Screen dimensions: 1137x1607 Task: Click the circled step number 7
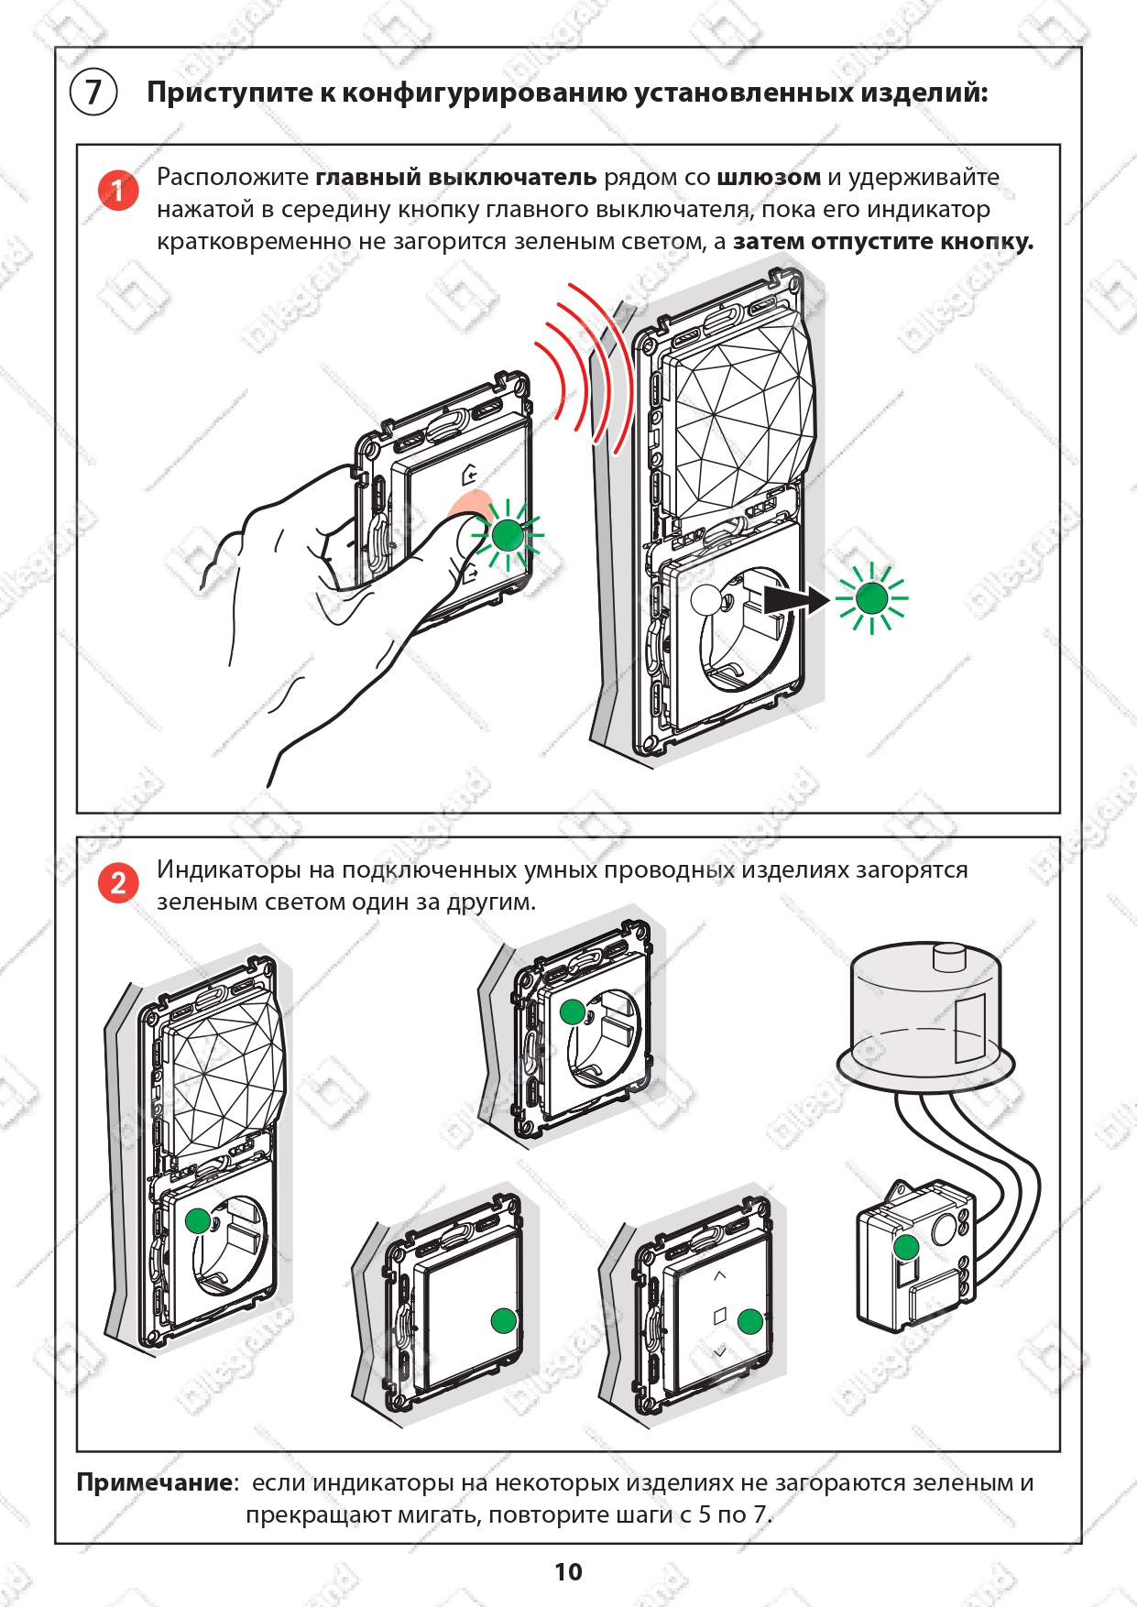pyautogui.click(x=93, y=93)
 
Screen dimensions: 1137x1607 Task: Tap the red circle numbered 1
pyautogui.click(x=118, y=191)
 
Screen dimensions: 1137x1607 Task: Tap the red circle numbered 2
pyautogui.click(x=118, y=883)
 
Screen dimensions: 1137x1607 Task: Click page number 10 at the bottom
pyautogui.click(x=568, y=1572)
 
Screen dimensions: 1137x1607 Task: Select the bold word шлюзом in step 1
pyautogui.click(x=769, y=178)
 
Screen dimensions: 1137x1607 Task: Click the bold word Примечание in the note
pyautogui.click(x=155, y=1482)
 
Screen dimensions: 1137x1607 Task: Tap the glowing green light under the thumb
pyautogui.click(x=508, y=535)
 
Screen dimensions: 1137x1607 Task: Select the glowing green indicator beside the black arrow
pyautogui.click(x=871, y=598)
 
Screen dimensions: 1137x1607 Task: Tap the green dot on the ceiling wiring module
pyautogui.click(x=906, y=1247)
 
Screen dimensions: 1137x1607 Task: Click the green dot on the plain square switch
pyautogui.click(x=504, y=1320)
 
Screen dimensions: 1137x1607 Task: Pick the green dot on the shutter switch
pyautogui.click(x=750, y=1320)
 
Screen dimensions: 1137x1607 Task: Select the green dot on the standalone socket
pyautogui.click(x=573, y=1011)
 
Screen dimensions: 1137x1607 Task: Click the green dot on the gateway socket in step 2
pyautogui.click(x=198, y=1220)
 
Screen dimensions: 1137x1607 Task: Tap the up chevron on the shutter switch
pyautogui.click(x=719, y=1275)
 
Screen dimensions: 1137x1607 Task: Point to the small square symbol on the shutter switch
pyautogui.click(x=719, y=1316)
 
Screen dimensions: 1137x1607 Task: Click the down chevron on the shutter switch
pyautogui.click(x=719, y=1352)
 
